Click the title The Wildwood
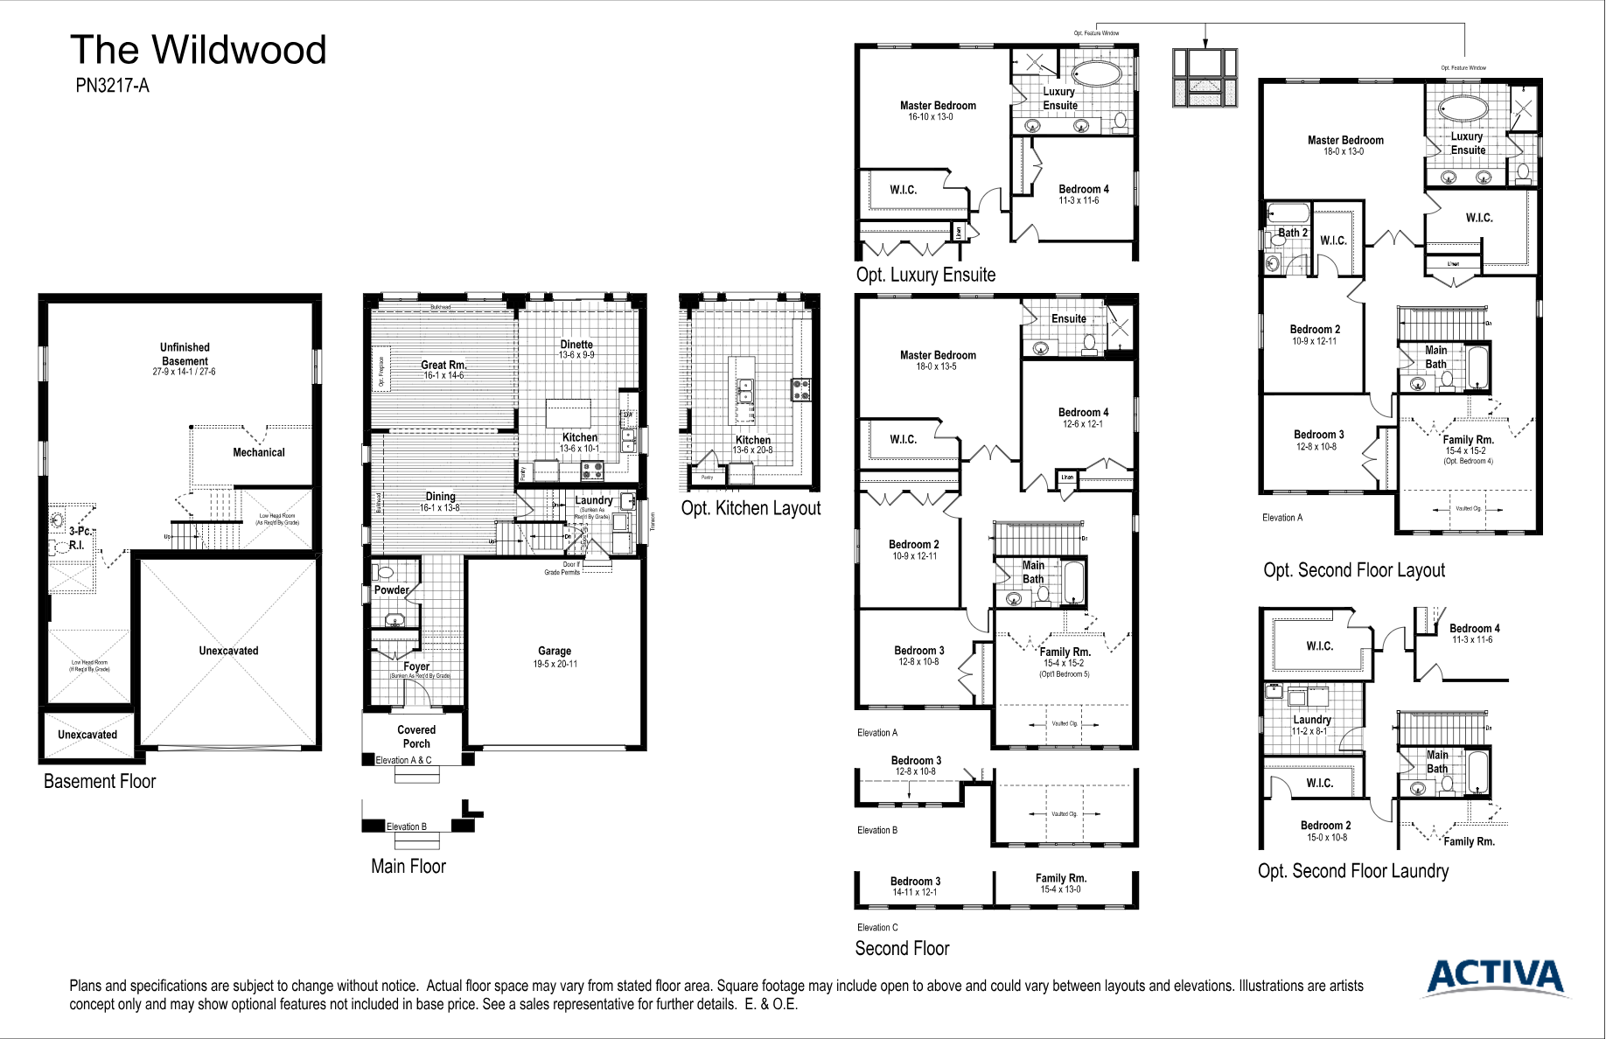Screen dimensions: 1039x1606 [x=198, y=50]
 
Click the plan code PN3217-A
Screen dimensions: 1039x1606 [x=112, y=86]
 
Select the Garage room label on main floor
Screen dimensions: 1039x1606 [x=555, y=651]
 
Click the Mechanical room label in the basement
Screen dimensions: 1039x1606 [x=258, y=452]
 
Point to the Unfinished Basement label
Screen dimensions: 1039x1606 [x=185, y=354]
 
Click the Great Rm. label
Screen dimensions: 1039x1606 [x=443, y=365]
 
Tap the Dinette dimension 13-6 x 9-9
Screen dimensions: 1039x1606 [x=576, y=355]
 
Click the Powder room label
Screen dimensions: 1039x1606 [x=391, y=589]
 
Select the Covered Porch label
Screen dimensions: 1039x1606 [x=416, y=736]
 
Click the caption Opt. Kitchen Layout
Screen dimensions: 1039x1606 [x=751, y=508]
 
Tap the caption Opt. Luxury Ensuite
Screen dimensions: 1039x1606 [x=925, y=275]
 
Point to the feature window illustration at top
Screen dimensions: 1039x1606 [x=1205, y=78]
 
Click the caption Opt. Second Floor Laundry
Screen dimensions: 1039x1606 [x=1352, y=871]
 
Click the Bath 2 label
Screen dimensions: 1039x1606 [x=1292, y=233]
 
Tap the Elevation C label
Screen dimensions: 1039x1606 [x=877, y=927]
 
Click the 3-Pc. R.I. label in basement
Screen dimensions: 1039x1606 [x=79, y=537]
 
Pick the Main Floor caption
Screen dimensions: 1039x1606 [x=408, y=866]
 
